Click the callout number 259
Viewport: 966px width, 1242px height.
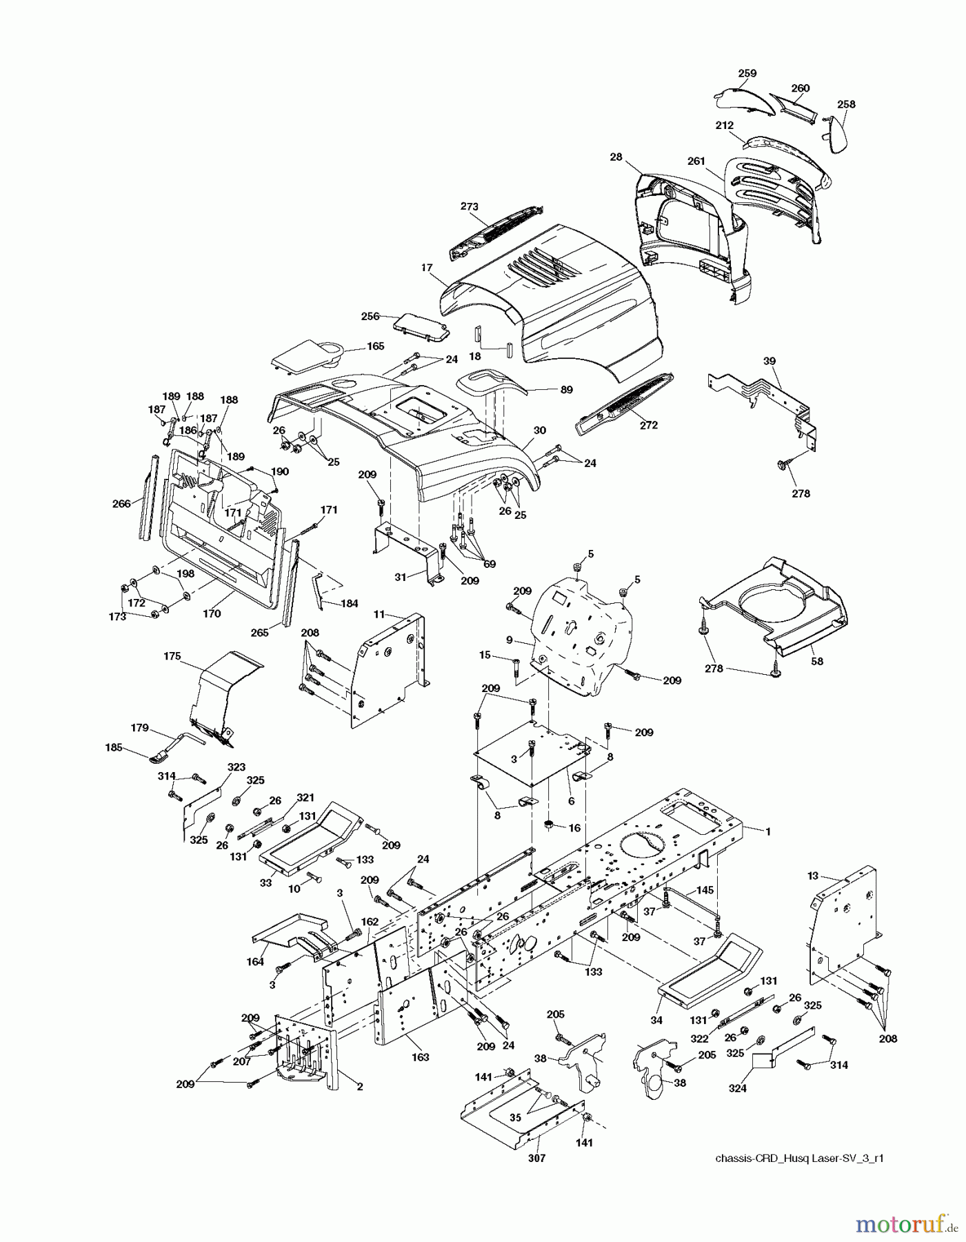(x=747, y=73)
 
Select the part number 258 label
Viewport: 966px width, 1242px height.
(x=845, y=104)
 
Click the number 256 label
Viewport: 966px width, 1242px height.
(x=370, y=316)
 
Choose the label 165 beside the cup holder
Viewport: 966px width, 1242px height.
(x=375, y=346)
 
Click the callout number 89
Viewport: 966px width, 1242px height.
(x=566, y=389)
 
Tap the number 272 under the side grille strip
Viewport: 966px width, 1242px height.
(x=648, y=425)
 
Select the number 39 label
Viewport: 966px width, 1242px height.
(x=769, y=362)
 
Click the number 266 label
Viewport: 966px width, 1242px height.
(x=121, y=504)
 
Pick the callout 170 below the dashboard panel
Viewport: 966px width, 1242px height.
(x=212, y=613)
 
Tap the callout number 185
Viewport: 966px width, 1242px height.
(x=114, y=747)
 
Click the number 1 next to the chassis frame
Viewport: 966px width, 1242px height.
(x=768, y=831)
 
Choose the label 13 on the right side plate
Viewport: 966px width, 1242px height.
(x=813, y=876)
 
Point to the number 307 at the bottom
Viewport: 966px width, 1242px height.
(x=536, y=1159)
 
